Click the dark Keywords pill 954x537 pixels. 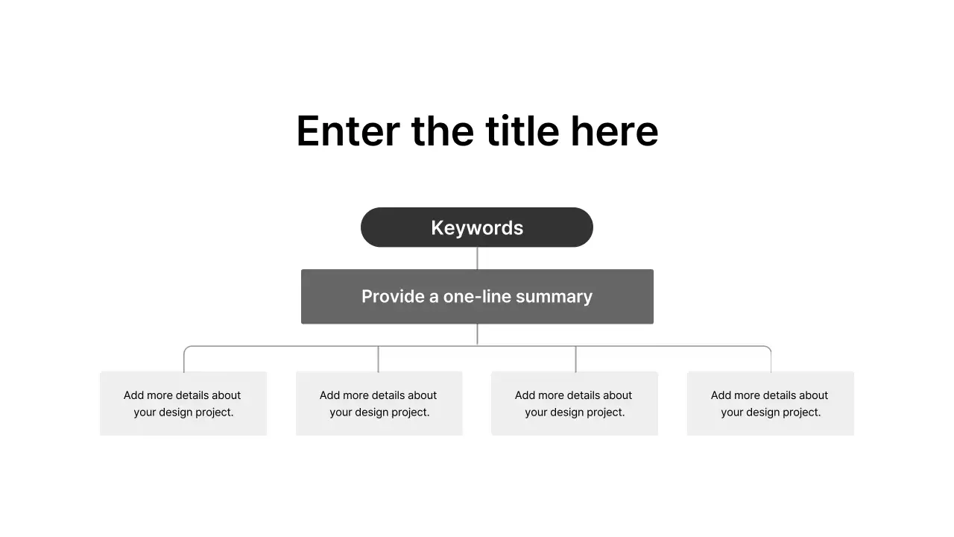(477, 227)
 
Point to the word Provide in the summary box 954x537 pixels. (389, 297)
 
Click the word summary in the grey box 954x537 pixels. (554, 297)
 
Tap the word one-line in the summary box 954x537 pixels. (477, 297)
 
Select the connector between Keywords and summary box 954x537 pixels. (477, 258)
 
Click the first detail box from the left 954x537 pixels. (183, 403)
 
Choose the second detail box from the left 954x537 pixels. (379, 403)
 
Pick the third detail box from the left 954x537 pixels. (574, 403)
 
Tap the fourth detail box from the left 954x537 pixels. (770, 403)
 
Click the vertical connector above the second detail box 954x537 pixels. (378, 359)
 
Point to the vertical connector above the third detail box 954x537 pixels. (575, 359)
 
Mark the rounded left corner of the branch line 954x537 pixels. (186, 348)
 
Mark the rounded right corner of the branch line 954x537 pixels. (768, 348)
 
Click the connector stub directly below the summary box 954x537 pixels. (477, 334)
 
